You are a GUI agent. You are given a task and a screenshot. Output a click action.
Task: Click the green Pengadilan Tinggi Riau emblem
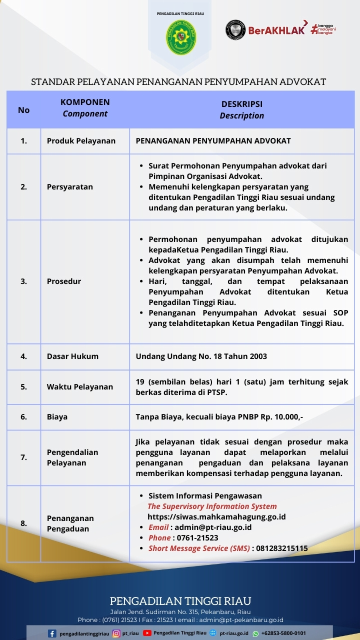(181, 37)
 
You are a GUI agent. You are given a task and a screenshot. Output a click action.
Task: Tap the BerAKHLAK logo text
(276, 30)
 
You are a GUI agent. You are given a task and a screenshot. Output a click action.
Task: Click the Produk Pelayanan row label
(81, 141)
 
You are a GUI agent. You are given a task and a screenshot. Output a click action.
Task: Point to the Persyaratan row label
(70, 187)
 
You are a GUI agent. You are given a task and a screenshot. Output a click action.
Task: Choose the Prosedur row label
(64, 281)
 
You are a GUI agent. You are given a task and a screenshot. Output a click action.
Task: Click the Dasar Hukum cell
(72, 356)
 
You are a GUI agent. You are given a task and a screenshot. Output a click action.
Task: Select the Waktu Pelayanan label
(80, 386)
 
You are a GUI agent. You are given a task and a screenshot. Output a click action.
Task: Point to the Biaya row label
(57, 416)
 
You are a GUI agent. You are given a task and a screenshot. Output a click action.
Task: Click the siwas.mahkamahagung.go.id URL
(216, 517)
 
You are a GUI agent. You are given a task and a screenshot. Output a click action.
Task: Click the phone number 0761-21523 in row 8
(197, 538)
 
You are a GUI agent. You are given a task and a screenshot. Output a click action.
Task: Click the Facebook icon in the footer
(52, 633)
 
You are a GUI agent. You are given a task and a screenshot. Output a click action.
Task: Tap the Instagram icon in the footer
(116, 633)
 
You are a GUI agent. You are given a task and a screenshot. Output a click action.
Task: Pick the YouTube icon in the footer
(147, 633)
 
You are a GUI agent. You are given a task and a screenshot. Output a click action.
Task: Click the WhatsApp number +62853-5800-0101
(283, 633)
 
